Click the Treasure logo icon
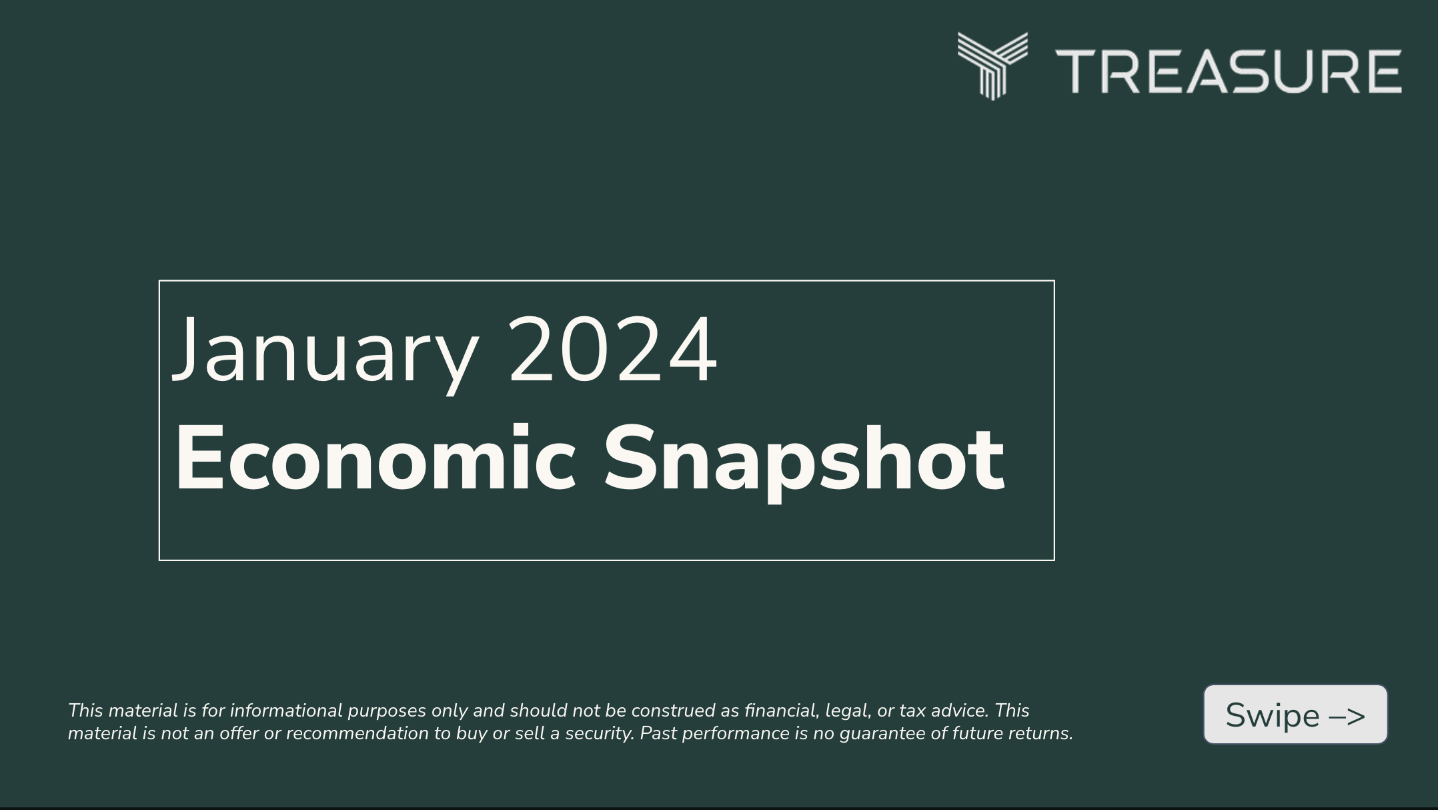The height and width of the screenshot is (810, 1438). [x=992, y=65]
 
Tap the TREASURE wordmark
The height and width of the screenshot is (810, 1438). [x=1228, y=71]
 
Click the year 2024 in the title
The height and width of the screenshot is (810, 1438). [x=613, y=350]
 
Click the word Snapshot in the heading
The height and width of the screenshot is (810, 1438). [x=804, y=460]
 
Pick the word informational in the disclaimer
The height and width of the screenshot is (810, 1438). [x=285, y=711]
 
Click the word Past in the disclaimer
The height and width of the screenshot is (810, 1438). [x=657, y=733]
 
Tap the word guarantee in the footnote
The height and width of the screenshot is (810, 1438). [x=882, y=733]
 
